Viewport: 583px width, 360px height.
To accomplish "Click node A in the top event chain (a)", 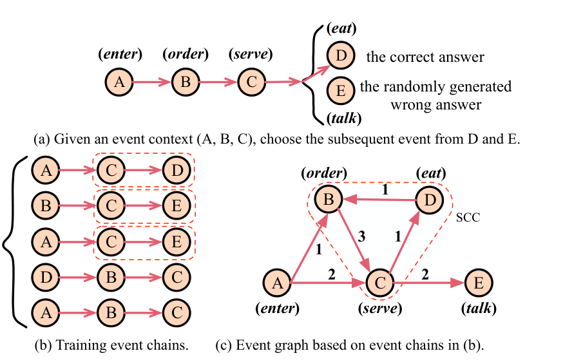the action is tap(119, 82).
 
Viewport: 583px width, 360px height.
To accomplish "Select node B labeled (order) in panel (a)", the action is tap(186, 82).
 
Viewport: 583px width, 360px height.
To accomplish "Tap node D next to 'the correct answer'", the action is tap(341, 56).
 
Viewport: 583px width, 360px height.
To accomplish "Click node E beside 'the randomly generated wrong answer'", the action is tap(341, 91).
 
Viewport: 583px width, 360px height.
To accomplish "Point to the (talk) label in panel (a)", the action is tap(344, 118).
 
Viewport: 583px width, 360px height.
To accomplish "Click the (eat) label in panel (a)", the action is tap(341, 28).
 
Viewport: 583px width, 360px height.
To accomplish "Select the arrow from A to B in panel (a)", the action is tap(152, 82).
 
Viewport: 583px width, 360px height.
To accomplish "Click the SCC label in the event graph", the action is tap(468, 217).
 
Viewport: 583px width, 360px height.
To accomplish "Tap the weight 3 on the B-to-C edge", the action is tap(361, 236).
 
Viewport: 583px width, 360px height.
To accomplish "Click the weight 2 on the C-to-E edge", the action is tap(425, 274).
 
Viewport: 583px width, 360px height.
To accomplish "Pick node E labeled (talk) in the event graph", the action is tap(479, 283).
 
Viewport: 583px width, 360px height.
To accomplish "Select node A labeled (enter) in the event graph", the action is tap(278, 283).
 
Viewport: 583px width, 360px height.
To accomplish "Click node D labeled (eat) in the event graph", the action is tap(430, 200).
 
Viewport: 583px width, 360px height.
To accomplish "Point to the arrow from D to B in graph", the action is tap(379, 200).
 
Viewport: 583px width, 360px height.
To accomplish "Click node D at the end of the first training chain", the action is tap(177, 171).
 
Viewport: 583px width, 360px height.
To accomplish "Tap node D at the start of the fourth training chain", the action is tap(46, 278).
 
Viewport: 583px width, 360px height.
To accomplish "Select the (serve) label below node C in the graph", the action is tap(380, 308).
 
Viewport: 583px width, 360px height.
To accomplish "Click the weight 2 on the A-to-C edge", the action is tap(331, 274).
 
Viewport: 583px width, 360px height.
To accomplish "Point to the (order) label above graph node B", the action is tap(324, 173).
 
